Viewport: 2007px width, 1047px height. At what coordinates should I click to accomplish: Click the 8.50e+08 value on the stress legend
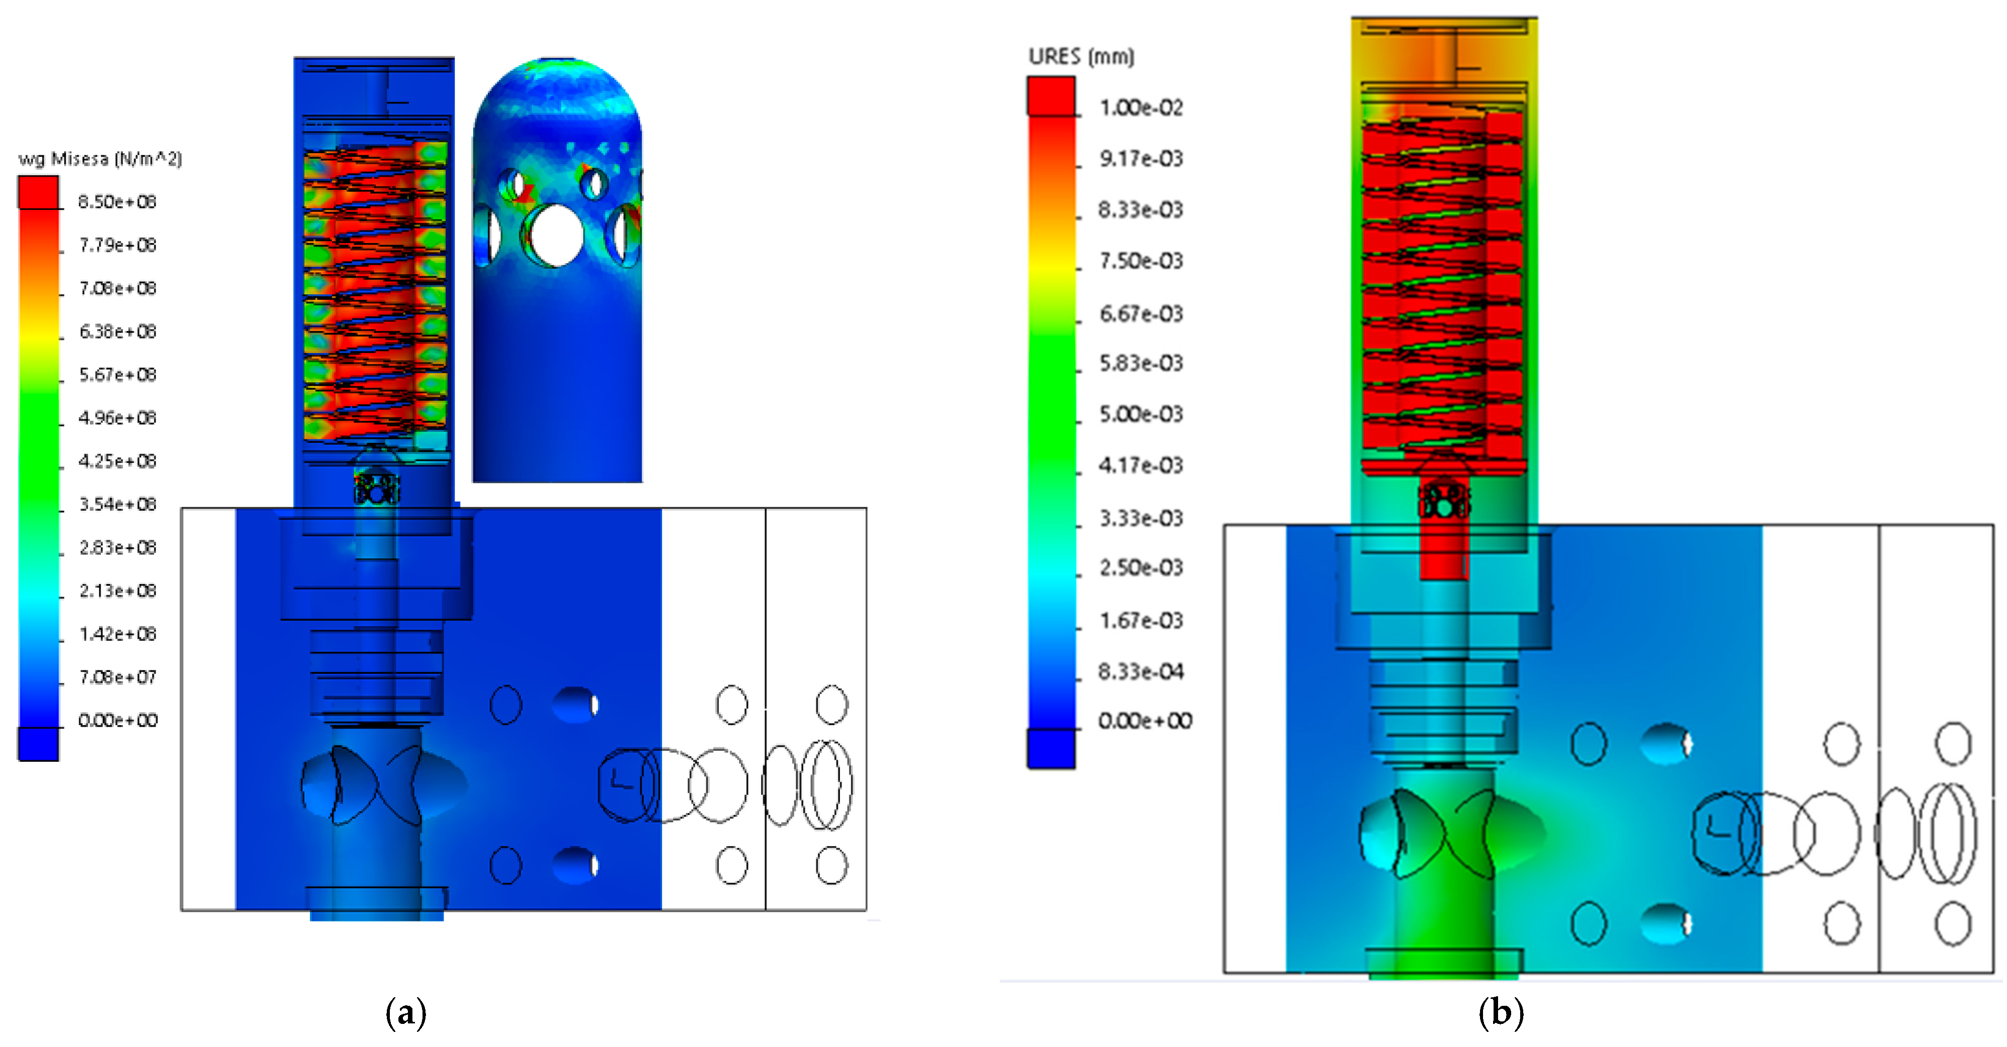pyautogui.click(x=117, y=202)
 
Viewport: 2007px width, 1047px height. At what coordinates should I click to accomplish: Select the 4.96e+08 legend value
pyautogui.click(x=117, y=418)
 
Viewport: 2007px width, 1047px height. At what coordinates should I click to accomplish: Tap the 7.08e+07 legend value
pyautogui.click(x=117, y=677)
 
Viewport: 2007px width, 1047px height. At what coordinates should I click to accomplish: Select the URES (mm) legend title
pyautogui.click(x=1082, y=56)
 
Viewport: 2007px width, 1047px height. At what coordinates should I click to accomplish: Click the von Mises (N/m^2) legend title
pyautogui.click(x=100, y=159)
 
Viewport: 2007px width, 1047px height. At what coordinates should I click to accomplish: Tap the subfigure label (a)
pyautogui.click(x=406, y=1013)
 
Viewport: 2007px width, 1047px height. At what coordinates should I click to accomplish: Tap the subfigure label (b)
pyautogui.click(x=1501, y=1013)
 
